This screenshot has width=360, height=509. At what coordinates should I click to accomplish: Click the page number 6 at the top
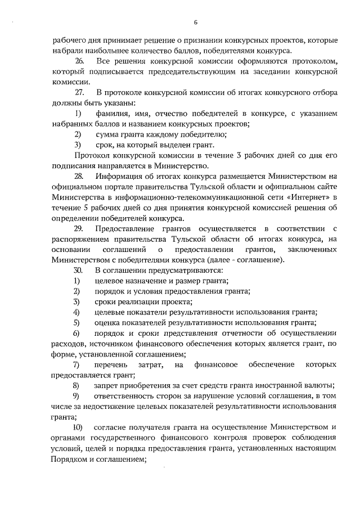pyautogui.click(x=195, y=22)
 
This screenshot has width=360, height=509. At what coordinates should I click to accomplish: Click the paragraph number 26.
pyautogui.click(x=79, y=60)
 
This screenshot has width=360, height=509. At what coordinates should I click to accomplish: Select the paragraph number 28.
pyautogui.click(x=79, y=176)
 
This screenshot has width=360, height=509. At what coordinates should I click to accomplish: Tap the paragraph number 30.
pyautogui.click(x=79, y=270)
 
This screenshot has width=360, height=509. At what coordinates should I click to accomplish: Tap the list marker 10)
pyautogui.click(x=79, y=428)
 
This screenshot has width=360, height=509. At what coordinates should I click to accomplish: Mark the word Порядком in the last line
pyautogui.click(x=69, y=459)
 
